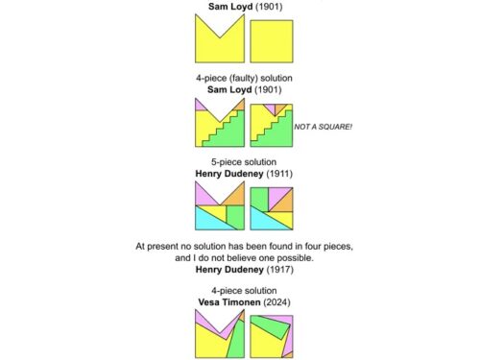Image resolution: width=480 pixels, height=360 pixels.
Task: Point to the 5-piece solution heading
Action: (240, 162)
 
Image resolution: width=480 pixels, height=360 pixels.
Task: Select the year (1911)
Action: (278, 173)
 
